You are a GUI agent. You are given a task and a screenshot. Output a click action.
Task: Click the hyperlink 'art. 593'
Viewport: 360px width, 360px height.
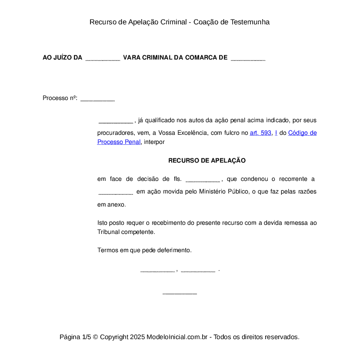point(260,133)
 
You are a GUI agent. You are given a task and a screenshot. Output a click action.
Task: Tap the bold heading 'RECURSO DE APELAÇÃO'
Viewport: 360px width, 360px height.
point(207,160)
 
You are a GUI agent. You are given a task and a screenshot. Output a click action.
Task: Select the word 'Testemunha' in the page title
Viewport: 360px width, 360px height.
point(250,22)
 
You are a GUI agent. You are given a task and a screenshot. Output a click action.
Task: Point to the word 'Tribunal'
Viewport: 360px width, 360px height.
point(108,232)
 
